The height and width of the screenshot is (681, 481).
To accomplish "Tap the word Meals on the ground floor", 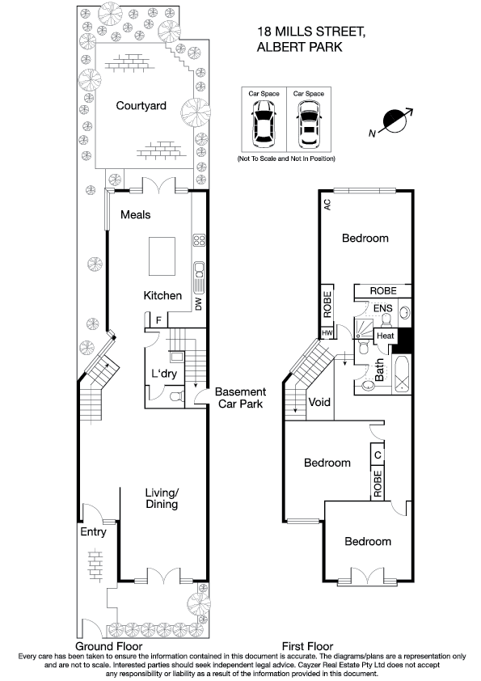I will (x=136, y=214).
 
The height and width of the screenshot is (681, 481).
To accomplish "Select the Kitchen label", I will (x=162, y=295).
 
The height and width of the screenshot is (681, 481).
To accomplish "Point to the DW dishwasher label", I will (x=197, y=304).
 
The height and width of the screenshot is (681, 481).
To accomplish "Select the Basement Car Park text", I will (x=239, y=398).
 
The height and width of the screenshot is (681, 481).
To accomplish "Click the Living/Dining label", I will (x=162, y=498).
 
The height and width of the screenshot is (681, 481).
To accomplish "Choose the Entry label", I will (x=93, y=532).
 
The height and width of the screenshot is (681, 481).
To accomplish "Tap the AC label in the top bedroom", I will (x=327, y=205).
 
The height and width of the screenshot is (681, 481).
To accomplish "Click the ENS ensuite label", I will (x=382, y=307).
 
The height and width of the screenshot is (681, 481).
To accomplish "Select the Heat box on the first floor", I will (x=384, y=336).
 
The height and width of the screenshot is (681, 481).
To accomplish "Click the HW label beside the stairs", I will (x=327, y=332).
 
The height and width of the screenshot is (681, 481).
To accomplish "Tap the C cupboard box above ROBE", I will (x=377, y=455).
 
